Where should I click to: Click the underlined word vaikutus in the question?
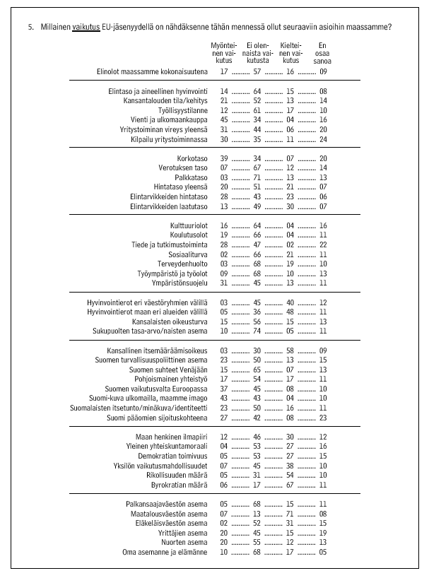[x=86, y=27]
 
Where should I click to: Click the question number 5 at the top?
[x=31, y=27]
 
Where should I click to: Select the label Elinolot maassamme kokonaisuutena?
[x=152, y=71]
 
